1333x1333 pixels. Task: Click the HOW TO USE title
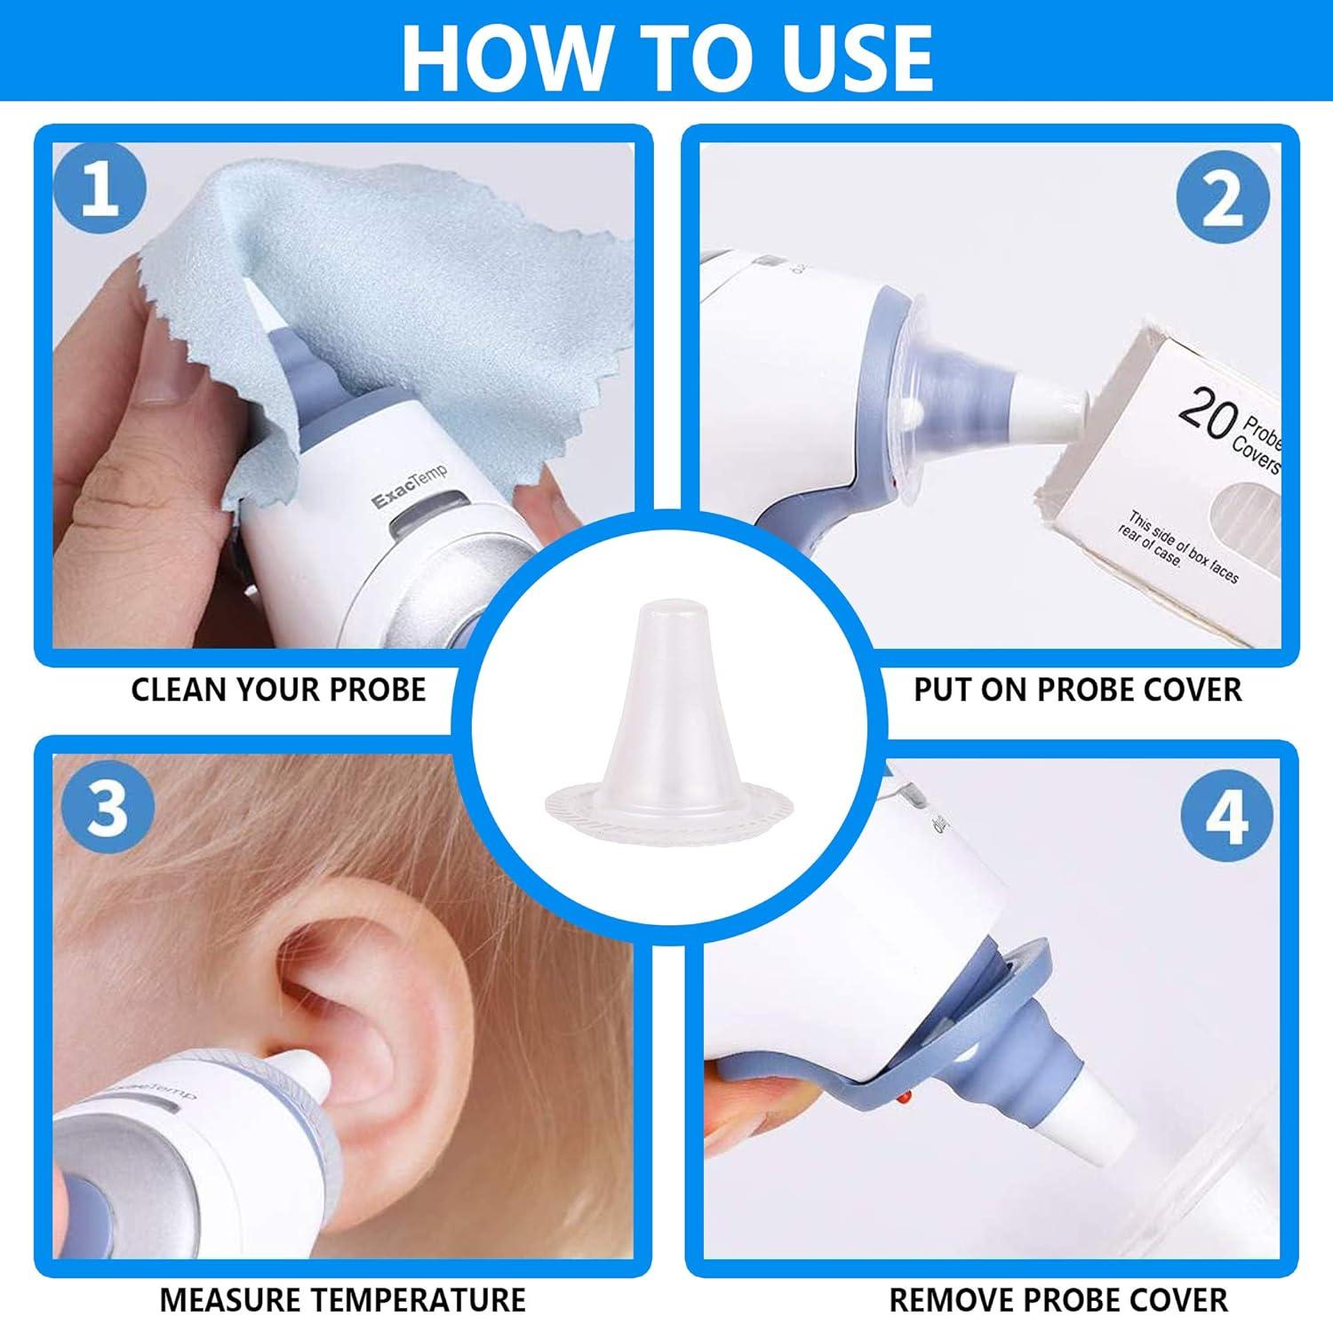[666, 55]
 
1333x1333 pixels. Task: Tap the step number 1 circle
[100, 189]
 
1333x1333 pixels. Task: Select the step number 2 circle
[1224, 198]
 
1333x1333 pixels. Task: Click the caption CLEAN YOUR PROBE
[278, 690]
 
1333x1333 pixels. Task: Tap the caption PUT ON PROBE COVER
[1077, 690]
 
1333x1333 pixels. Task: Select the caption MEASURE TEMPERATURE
[342, 1300]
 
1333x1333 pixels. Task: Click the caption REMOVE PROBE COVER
[1058, 1300]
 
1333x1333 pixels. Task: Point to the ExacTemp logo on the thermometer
[409, 488]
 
